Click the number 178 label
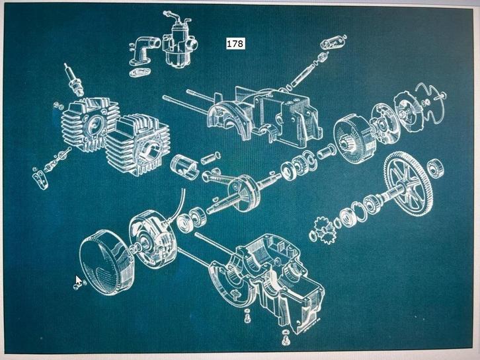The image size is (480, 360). tap(235, 44)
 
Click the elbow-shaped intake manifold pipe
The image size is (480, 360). tap(143, 50)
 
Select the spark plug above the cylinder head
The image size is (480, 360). tap(75, 79)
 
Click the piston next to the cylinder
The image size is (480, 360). tap(184, 168)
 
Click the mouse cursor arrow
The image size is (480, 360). tap(79, 280)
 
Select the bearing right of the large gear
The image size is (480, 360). tap(435, 168)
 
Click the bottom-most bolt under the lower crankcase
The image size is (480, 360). tap(286, 337)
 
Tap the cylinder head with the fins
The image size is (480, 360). tap(89, 126)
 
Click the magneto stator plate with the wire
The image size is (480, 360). tap(152, 236)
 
